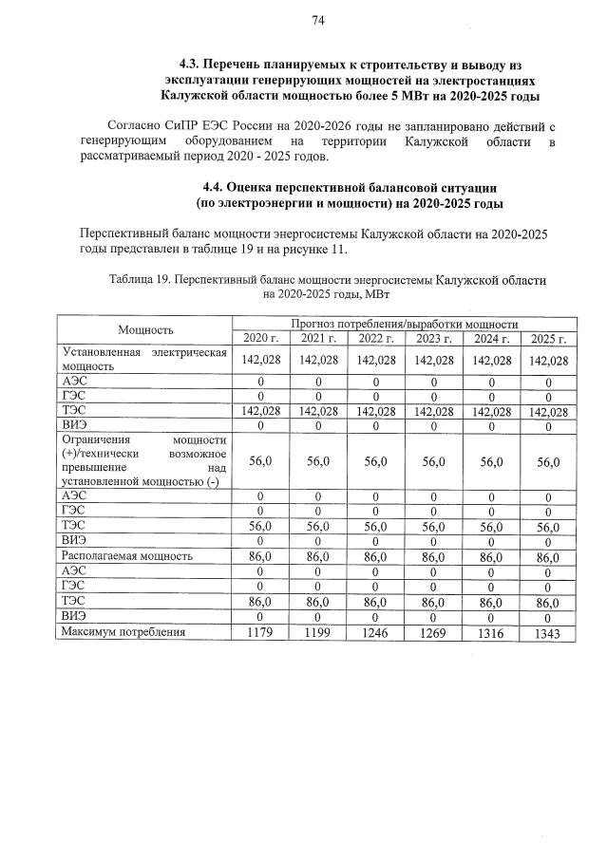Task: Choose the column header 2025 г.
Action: (548, 339)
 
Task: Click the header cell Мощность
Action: (145, 330)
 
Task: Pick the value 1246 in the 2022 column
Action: (376, 632)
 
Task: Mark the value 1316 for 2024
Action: (491, 632)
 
